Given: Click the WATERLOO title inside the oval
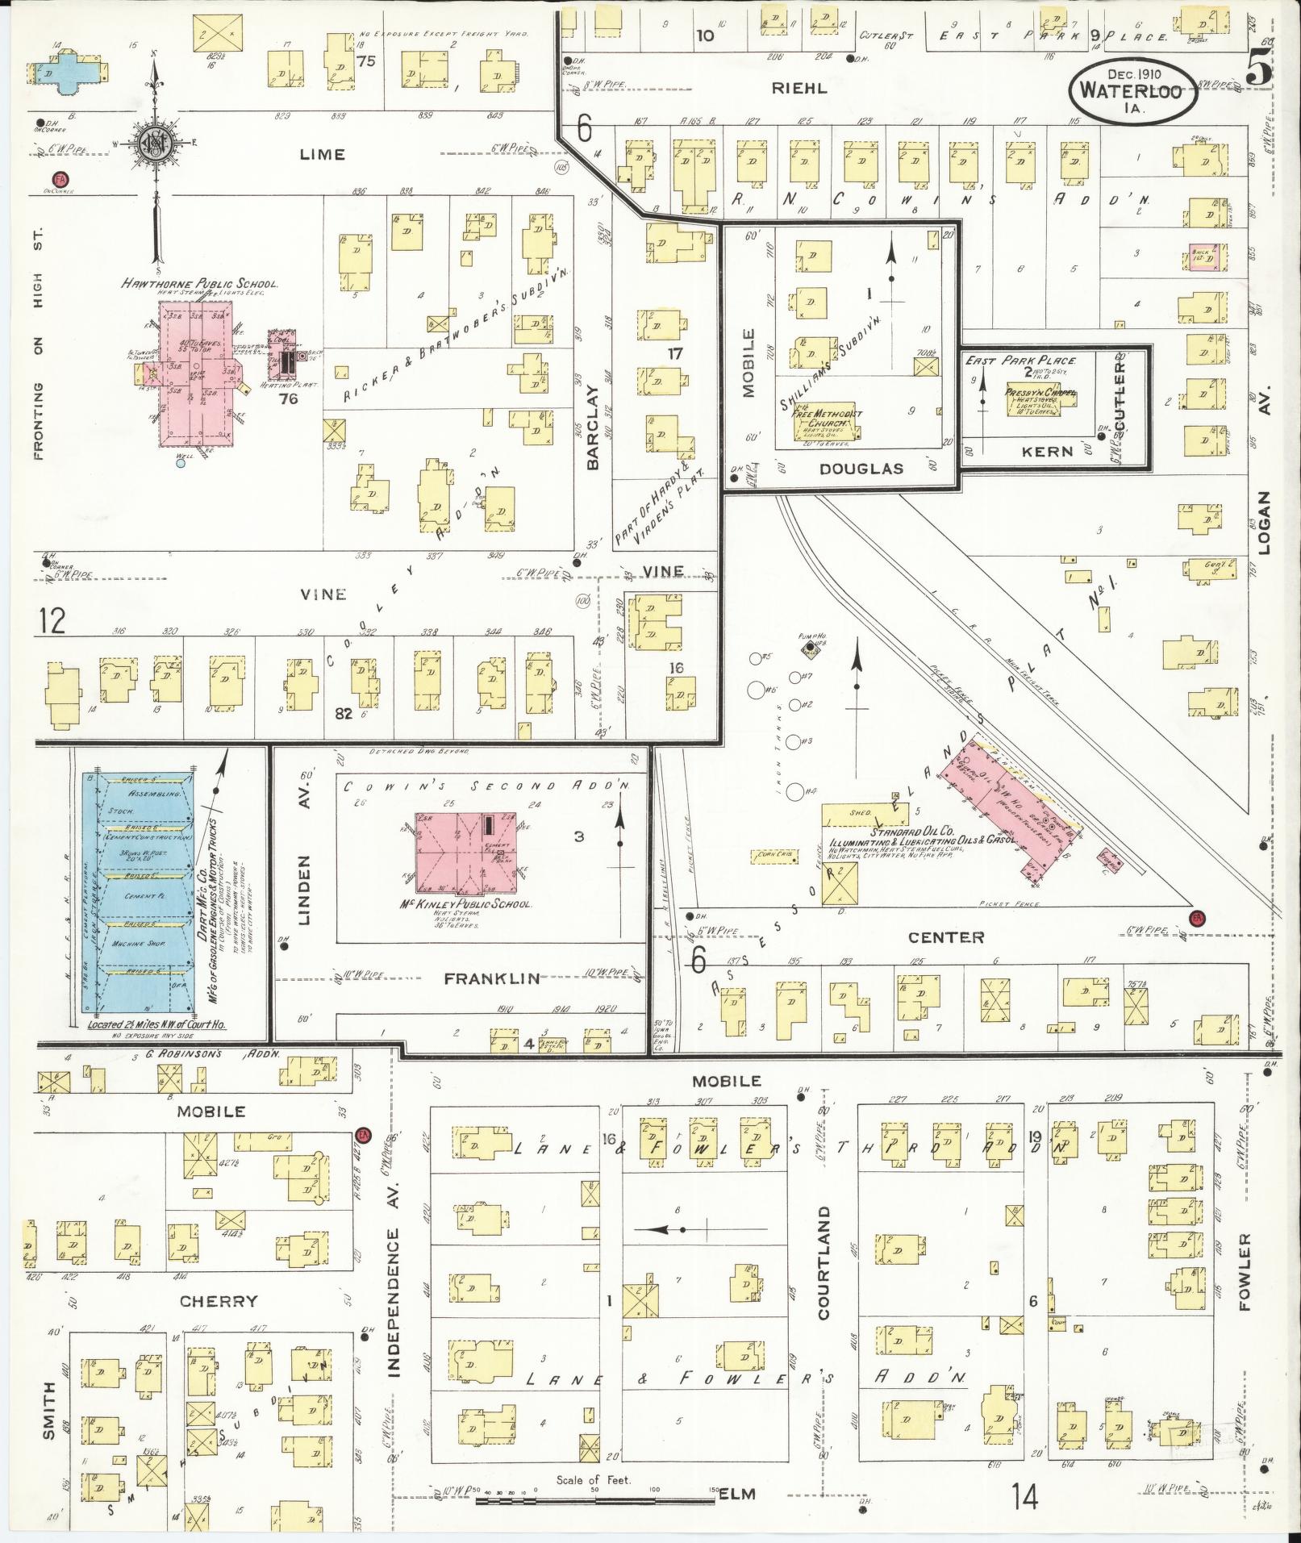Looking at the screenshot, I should pyautogui.click(x=1131, y=90).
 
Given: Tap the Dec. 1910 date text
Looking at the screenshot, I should pyautogui.click(x=1132, y=74).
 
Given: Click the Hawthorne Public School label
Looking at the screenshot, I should pyautogui.click(x=199, y=284).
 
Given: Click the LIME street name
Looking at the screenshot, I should pyautogui.click(x=321, y=154).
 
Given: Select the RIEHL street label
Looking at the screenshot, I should pyautogui.click(x=799, y=88).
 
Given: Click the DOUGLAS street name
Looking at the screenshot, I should pyautogui.click(x=861, y=469).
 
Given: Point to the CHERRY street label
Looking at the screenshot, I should pyautogui.click(x=219, y=1300).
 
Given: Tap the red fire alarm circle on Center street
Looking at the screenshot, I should pyautogui.click(x=1197, y=917).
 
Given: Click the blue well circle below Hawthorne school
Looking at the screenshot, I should pyautogui.click(x=181, y=463).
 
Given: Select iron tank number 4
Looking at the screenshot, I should pyautogui.click(x=797, y=791).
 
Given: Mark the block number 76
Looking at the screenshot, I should pyautogui.click(x=288, y=398).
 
